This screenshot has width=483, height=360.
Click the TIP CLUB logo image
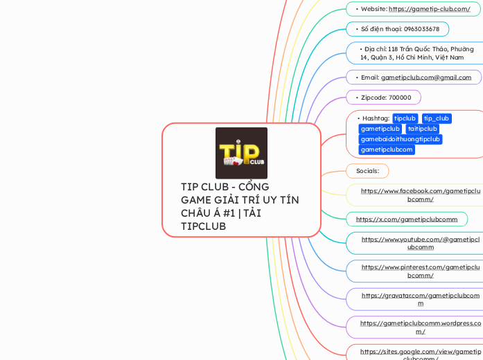coord(241,153)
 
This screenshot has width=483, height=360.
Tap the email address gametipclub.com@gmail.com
coord(425,78)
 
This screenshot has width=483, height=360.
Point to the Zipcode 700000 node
coord(386,98)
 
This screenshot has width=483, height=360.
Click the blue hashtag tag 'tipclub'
coord(405,118)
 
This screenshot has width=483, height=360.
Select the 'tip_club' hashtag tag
coord(437,118)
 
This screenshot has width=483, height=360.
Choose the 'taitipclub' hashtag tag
coord(422,129)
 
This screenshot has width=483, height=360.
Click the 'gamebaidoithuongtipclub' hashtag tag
coord(401,139)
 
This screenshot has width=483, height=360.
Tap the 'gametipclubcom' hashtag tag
coord(387,150)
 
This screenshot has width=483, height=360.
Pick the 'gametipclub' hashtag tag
coord(380,129)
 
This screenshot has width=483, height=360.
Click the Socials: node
coord(367,170)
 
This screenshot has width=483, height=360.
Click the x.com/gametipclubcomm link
coord(407,219)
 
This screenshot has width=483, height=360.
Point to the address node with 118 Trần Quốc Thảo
coord(416,53)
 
